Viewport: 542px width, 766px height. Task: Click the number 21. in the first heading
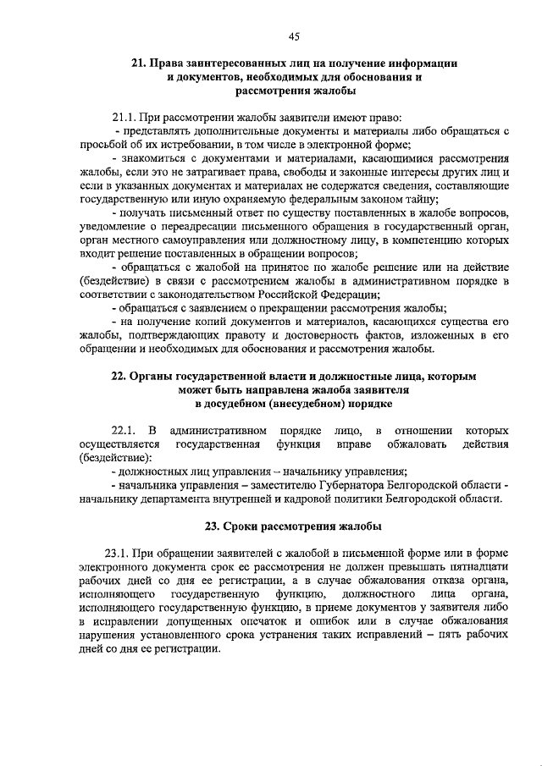tap(140, 63)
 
